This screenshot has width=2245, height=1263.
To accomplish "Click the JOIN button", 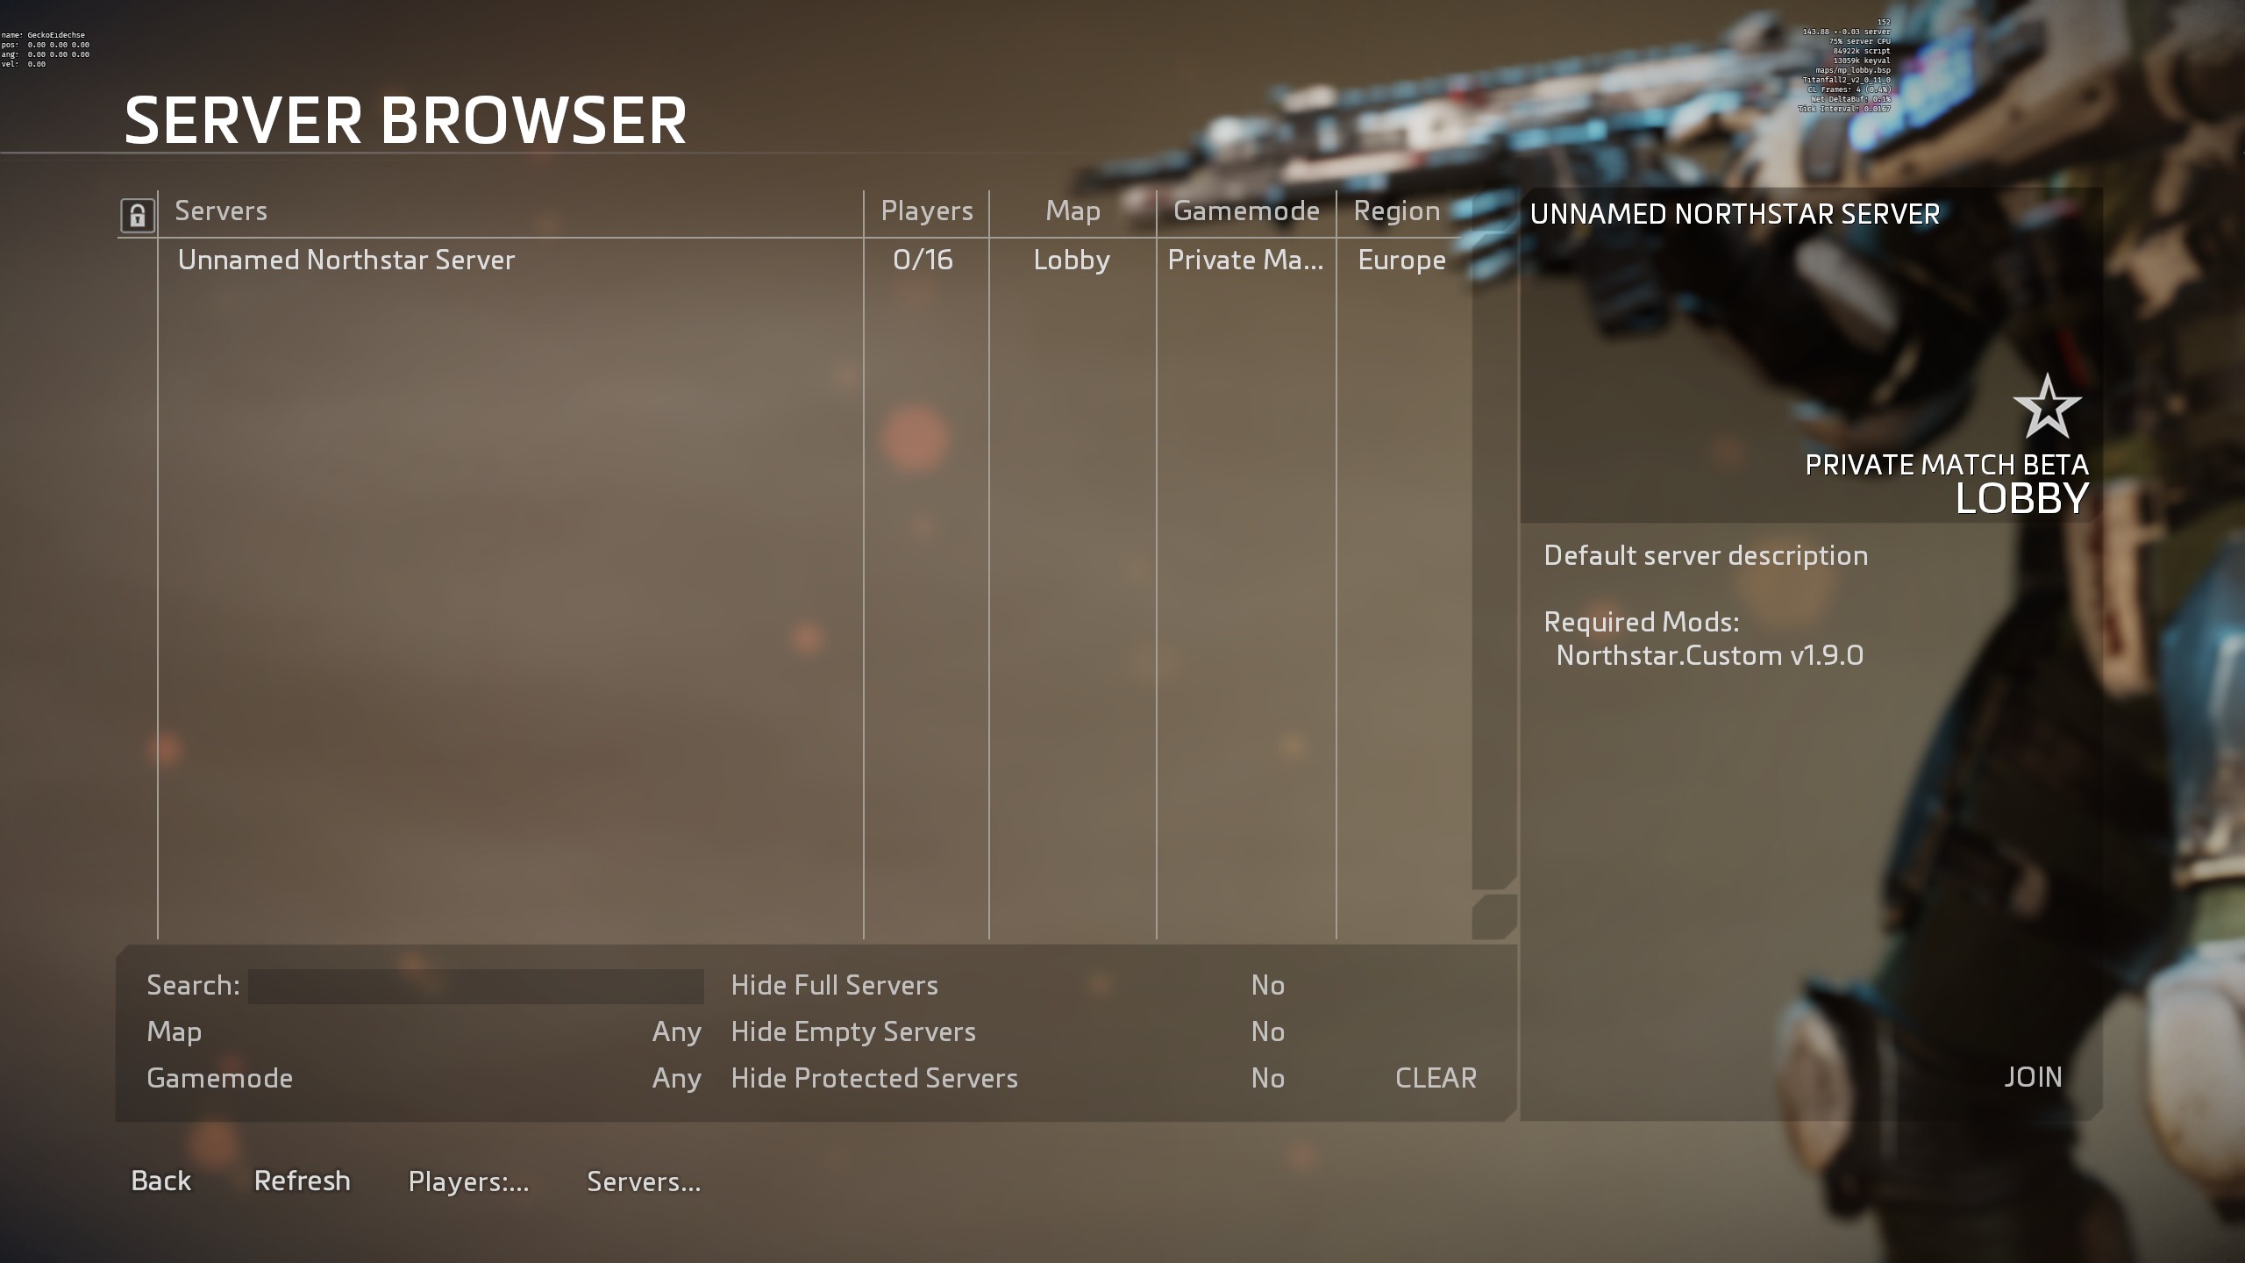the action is pos(2033,1077).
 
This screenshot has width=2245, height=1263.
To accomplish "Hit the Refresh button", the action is pos(302,1181).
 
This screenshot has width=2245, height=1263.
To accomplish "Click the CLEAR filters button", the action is pos(1436,1078).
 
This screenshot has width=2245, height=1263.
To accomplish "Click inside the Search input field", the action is pos(475,986).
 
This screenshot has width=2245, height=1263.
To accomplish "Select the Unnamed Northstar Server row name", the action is pos(346,260).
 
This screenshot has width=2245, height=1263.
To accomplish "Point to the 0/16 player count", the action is pos(923,260).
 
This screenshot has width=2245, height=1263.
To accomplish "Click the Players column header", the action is pos(926,211).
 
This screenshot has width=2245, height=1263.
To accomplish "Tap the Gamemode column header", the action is pos(1245,211).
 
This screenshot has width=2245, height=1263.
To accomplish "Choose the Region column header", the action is pos(1396,211).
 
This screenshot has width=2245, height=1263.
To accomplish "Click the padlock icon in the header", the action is pos(138,215).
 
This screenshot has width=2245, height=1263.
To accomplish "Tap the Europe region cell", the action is pos(1401,260).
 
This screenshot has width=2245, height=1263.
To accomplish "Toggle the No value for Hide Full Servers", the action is pos(1268,986).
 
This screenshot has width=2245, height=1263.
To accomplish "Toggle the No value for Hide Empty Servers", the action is pos(1268,1032).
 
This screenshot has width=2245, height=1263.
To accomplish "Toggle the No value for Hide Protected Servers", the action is pos(1268,1079).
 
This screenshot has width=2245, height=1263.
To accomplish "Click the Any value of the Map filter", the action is pos(676,1032).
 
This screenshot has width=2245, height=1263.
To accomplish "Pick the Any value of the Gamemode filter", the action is pos(676,1079).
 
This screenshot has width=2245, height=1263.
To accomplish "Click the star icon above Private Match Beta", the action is pos(2047,407).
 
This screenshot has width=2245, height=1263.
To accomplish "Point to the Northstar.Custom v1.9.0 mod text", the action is pos(1709,656).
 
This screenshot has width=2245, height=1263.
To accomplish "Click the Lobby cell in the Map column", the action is pos(1072,260).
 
